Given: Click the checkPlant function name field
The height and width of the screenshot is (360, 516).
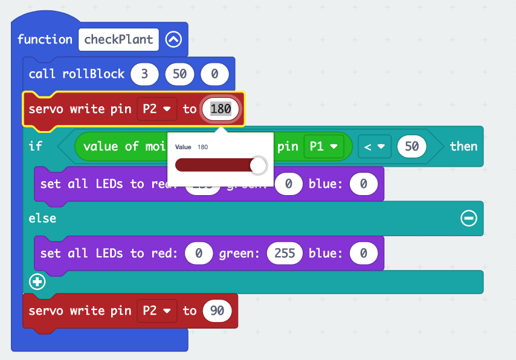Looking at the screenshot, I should point(118,40).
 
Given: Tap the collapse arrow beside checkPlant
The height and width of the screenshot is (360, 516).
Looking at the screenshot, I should point(173,40).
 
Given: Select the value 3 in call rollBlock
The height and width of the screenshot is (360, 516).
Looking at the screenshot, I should point(144,74).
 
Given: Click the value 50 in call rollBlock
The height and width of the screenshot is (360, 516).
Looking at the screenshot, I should point(179,74).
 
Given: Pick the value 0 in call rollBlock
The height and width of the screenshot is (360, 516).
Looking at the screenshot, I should point(214,74).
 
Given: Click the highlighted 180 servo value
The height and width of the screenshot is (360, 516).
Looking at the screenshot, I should point(221,109).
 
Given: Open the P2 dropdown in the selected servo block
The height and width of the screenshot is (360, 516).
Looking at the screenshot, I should point(156,109).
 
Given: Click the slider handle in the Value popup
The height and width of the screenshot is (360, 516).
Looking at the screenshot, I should point(258,166).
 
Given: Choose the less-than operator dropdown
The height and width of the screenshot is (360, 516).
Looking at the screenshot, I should point(375,146).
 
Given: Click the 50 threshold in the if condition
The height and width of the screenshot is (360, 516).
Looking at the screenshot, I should point(412,146).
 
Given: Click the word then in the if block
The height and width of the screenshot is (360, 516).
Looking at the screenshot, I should point(463,146).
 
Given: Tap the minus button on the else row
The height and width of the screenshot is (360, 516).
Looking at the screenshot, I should point(468,219).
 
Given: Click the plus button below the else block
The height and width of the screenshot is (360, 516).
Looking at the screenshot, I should point(37,281).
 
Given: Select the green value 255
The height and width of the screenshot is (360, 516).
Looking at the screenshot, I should point(285,253).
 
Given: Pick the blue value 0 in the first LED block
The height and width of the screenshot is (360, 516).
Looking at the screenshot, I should point(363,184).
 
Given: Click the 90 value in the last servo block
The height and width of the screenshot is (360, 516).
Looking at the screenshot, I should point(218,311).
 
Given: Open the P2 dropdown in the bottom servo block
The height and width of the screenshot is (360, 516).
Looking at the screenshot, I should point(156,311).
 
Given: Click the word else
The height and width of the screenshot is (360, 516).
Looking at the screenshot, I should point(42,219).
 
